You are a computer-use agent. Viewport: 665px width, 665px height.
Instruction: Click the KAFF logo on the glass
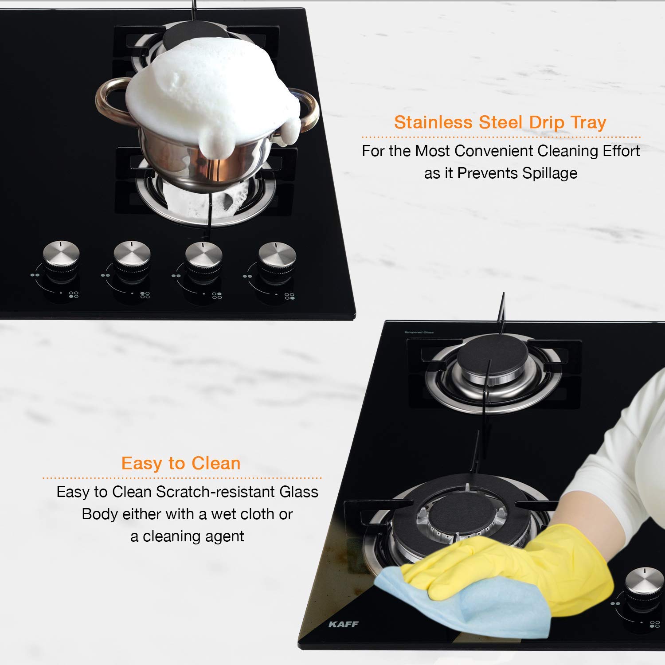click(x=344, y=624)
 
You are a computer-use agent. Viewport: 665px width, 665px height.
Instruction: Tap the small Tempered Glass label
click(x=419, y=332)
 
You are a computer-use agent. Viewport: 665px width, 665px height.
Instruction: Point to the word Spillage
click(x=549, y=173)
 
